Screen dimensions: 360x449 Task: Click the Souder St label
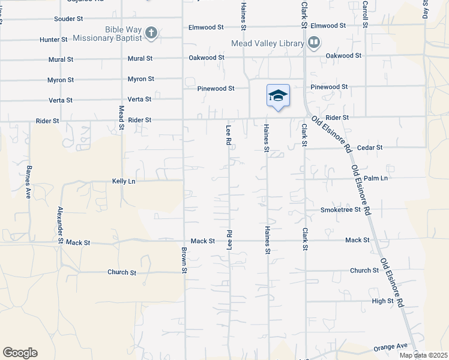(x=68, y=19)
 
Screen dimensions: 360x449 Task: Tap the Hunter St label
(x=53, y=40)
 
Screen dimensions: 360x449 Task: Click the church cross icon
(x=151, y=33)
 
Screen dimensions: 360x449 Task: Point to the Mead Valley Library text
(x=268, y=43)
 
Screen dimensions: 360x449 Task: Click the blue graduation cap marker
(x=278, y=96)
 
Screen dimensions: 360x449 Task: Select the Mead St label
(x=121, y=118)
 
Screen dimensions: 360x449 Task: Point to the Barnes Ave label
(x=28, y=182)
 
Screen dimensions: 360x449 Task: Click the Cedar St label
(x=370, y=147)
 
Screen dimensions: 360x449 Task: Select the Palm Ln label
(x=376, y=178)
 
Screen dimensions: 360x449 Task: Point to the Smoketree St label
(x=340, y=210)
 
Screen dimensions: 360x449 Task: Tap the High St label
(x=382, y=301)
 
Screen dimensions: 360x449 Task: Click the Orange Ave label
(x=390, y=347)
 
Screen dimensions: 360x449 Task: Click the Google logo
(x=20, y=353)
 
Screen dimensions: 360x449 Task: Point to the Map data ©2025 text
(x=423, y=355)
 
